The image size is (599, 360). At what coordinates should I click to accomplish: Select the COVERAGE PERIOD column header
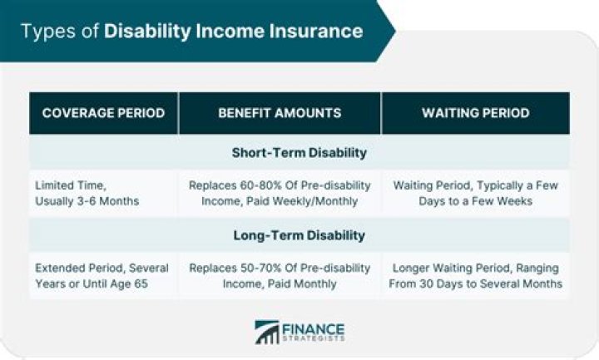pyautogui.click(x=103, y=113)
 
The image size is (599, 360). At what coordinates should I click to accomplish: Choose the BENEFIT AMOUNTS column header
pyautogui.click(x=280, y=113)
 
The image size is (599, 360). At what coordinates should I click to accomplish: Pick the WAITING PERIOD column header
pyautogui.click(x=475, y=113)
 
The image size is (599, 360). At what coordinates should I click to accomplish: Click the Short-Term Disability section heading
pyautogui.click(x=299, y=152)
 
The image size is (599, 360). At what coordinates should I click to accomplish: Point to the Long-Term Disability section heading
pyautogui.click(x=299, y=235)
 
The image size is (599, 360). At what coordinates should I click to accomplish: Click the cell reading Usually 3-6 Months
pyautogui.click(x=86, y=200)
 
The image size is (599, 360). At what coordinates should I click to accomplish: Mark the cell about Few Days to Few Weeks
pyautogui.click(x=475, y=193)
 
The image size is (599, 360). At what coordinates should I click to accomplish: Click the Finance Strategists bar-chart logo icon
pyautogui.click(x=266, y=332)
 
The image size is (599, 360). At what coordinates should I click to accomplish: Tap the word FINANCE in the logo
pyautogui.click(x=312, y=326)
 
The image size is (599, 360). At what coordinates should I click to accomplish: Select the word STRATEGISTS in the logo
pyautogui.click(x=312, y=338)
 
